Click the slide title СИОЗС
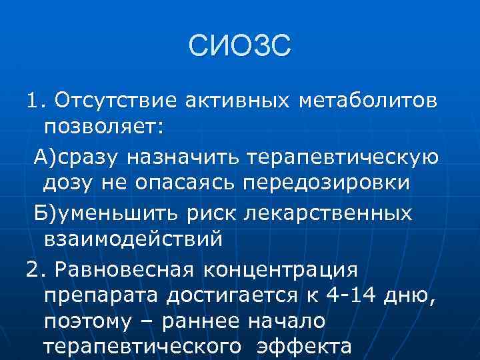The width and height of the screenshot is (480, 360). pyautogui.click(x=239, y=48)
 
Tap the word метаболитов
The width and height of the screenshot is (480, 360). pyautogui.click(x=369, y=101)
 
